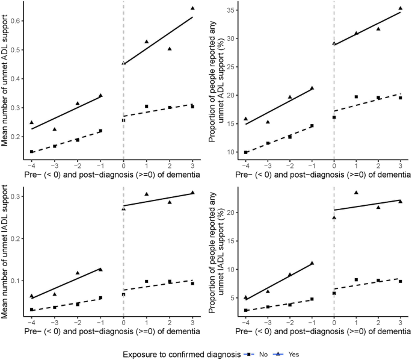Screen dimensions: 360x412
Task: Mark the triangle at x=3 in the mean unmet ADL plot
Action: pyautogui.click(x=192, y=8)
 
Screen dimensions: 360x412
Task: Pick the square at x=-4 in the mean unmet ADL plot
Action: pyautogui.click(x=31, y=152)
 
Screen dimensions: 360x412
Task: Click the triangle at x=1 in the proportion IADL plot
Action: pyautogui.click(x=357, y=193)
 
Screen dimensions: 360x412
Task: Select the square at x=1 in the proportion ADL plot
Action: pyautogui.click(x=357, y=97)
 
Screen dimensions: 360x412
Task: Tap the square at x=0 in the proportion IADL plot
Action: pyautogui.click(x=334, y=293)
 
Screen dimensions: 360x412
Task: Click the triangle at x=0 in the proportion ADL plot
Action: pyautogui.click(x=334, y=43)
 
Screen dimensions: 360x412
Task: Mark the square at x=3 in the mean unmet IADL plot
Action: pyautogui.click(x=192, y=283)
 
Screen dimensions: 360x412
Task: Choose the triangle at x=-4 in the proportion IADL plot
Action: pyautogui.click(x=245, y=297)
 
